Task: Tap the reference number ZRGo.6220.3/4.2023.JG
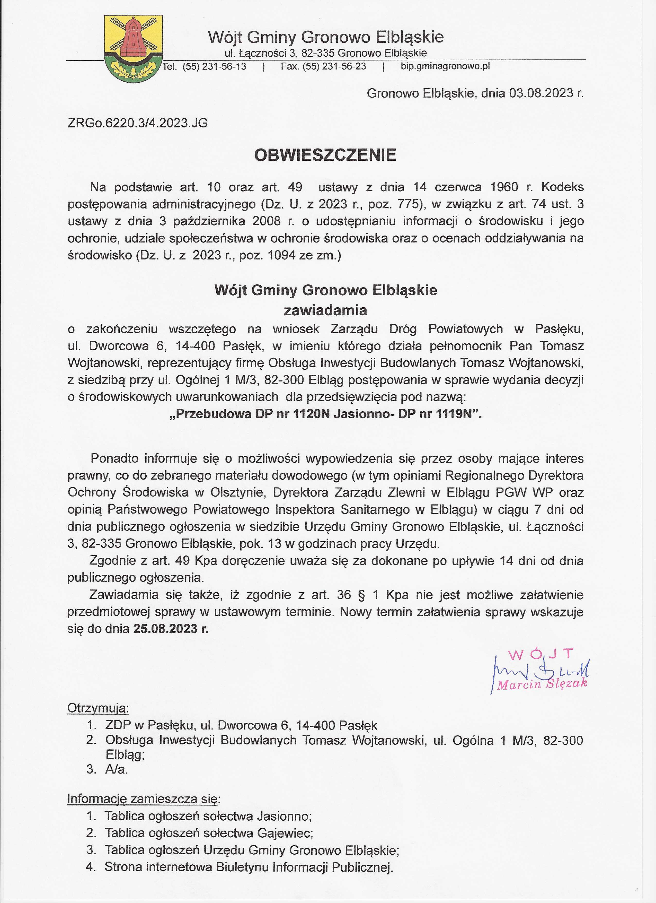coord(138,123)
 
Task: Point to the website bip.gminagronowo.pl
coord(445,66)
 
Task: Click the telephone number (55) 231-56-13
coord(215,66)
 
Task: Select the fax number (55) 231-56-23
coord(334,66)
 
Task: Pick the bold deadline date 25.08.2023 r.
coord(171,629)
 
